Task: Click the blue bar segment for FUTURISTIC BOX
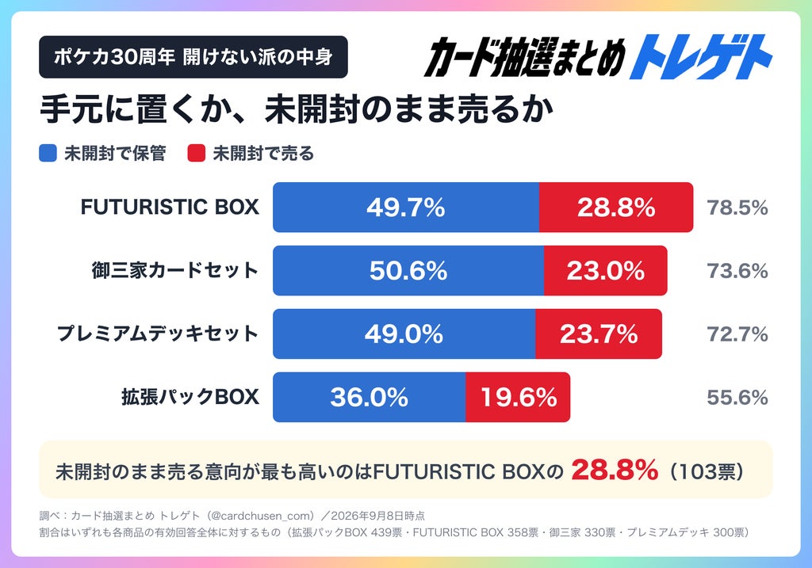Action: click(x=406, y=207)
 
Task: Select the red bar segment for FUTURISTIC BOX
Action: click(x=616, y=207)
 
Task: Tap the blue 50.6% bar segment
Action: click(x=408, y=271)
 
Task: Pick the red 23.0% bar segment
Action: click(x=605, y=271)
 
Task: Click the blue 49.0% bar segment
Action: click(x=404, y=334)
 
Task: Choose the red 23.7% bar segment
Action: click(x=599, y=334)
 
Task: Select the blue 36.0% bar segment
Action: click(x=370, y=397)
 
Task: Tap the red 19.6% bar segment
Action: click(x=518, y=397)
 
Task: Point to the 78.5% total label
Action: click(x=737, y=208)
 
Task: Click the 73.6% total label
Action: click(x=737, y=271)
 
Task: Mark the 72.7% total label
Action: click(x=737, y=334)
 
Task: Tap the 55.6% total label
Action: click(x=737, y=398)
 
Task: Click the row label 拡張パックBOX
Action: click(x=190, y=397)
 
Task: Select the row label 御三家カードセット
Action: click(x=175, y=271)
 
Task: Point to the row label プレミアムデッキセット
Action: click(x=158, y=334)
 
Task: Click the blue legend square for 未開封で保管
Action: click(x=48, y=153)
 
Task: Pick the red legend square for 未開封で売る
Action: click(x=197, y=153)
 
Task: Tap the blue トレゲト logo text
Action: click(x=701, y=57)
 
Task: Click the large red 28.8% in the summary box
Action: click(x=615, y=470)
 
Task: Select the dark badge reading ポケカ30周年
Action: click(x=193, y=57)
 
